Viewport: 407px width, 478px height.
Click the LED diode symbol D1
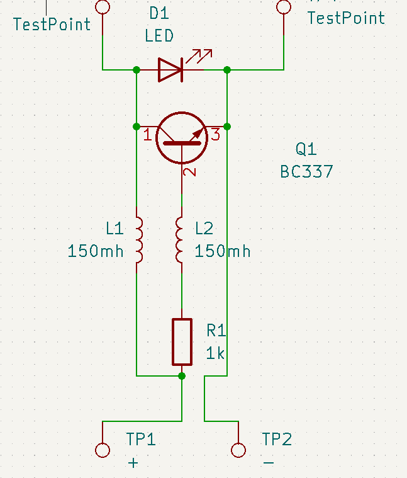170,69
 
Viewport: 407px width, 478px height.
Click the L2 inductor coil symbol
180,240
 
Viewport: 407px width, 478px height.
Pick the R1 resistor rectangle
182,341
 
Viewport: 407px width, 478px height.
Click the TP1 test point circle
102,450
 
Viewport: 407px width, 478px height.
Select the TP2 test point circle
238,450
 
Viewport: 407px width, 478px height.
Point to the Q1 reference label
306,149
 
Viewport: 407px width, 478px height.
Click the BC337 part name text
306,171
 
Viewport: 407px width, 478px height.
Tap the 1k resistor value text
215,354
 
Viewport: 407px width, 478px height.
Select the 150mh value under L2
223,251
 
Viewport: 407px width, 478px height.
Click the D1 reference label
159,13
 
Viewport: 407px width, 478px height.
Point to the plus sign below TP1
133,463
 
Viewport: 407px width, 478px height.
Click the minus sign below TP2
269,463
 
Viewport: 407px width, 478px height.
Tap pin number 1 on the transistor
147,134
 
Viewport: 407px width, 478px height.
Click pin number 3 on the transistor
215,134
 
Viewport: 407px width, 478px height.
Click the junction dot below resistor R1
182,376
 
